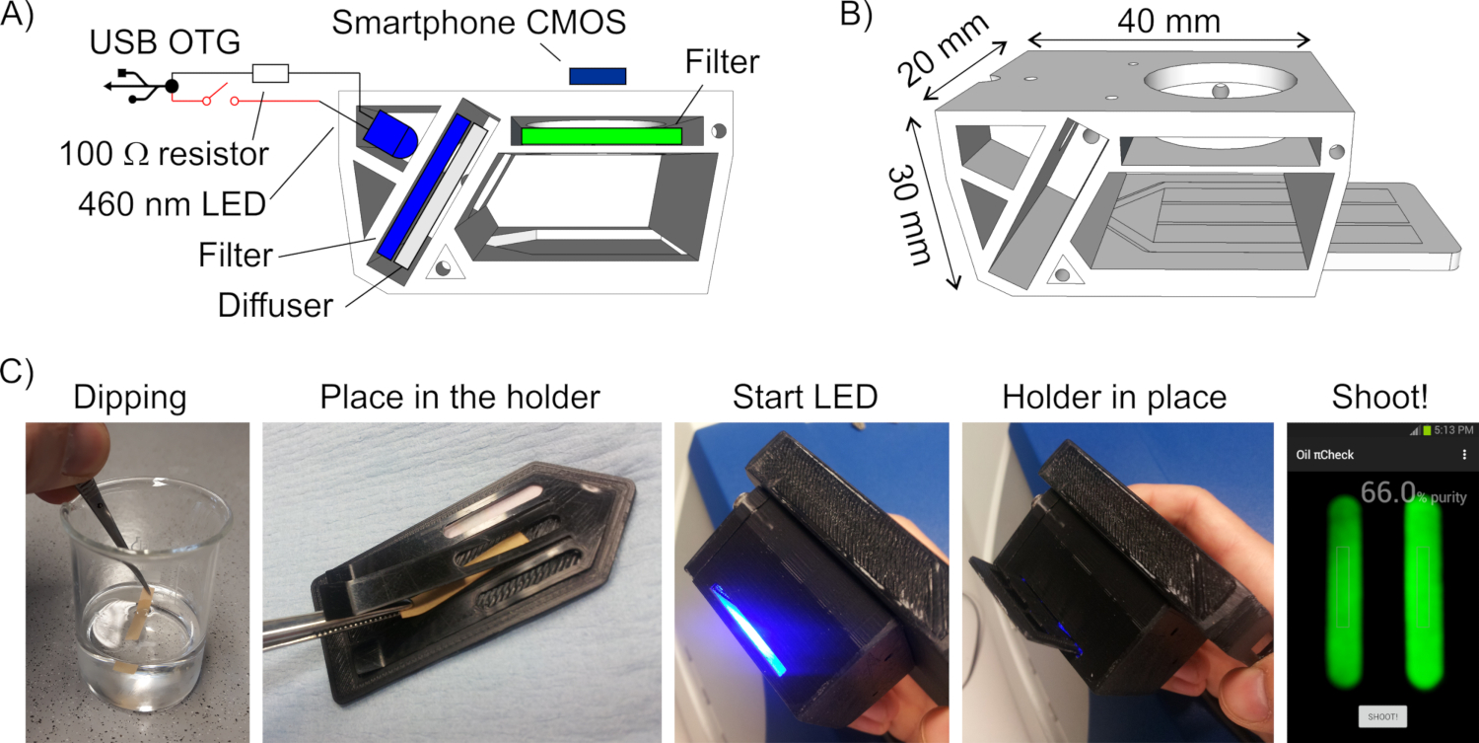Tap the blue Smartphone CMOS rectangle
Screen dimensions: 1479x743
tap(598, 76)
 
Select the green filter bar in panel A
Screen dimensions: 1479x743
tap(601, 136)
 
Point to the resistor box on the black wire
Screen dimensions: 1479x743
tap(270, 72)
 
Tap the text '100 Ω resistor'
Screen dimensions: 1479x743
tap(163, 154)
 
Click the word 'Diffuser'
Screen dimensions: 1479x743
tap(277, 305)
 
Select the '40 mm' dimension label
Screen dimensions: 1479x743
tap(1168, 19)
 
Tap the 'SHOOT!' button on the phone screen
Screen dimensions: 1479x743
tap(1381, 716)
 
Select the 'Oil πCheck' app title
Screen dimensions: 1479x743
tap(1324, 455)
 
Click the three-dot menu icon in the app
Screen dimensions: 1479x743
tap(1462, 455)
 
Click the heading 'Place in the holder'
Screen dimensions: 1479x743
tap(459, 398)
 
